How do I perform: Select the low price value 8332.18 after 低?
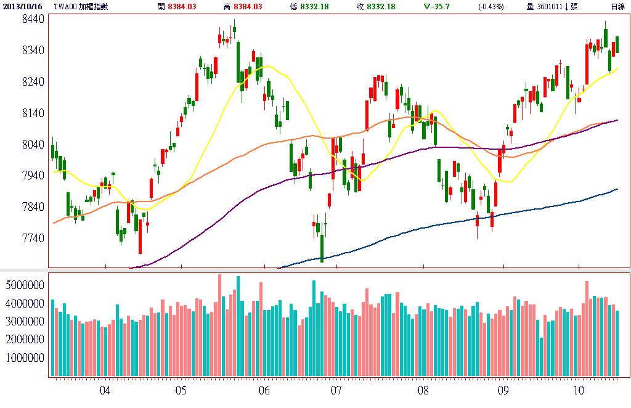coord(314,6)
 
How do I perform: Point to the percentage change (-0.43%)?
coord(491,6)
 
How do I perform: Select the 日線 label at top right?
coord(617,6)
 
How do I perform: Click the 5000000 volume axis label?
coord(24,286)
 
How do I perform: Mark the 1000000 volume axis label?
coord(24,357)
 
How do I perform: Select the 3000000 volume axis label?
coord(24,322)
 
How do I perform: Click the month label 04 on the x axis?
coord(105,391)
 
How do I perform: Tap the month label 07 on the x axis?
coord(336,391)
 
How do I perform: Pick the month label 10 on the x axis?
coord(578,391)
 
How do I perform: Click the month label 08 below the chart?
coord(423,391)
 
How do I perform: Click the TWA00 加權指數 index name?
coord(83,6)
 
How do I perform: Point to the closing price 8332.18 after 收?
coord(381,6)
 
